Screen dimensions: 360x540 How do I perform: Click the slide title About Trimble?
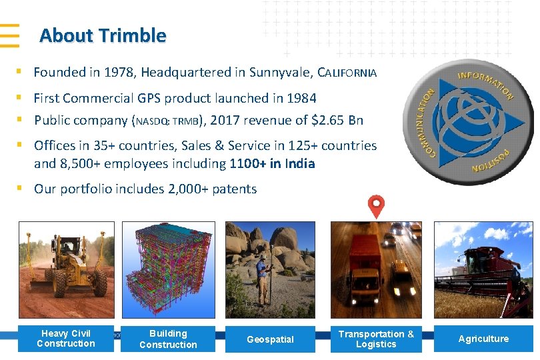(x=103, y=35)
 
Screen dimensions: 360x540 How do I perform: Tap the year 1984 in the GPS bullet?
(x=301, y=98)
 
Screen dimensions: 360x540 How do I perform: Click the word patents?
(x=234, y=189)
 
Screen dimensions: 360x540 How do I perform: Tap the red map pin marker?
(x=376, y=206)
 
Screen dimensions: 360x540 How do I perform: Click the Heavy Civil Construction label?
(x=66, y=339)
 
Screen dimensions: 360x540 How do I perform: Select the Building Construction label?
(x=168, y=339)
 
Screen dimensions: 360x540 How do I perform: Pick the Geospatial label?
(x=270, y=339)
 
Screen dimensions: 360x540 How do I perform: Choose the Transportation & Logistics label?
(x=376, y=339)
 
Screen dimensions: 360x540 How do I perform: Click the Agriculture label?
(x=483, y=339)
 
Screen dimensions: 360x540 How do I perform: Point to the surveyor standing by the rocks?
(x=262, y=276)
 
